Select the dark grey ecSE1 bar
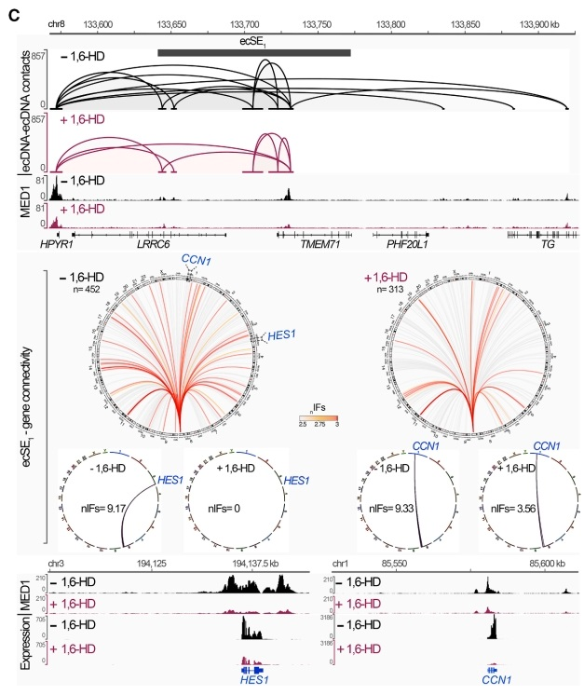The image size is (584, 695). pyautogui.click(x=253, y=52)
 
